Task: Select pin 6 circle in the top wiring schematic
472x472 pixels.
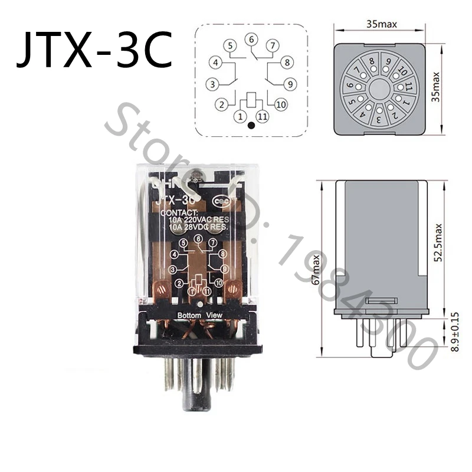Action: pyautogui.click(x=252, y=40)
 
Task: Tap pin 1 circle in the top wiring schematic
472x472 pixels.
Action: pyautogui.click(x=241, y=116)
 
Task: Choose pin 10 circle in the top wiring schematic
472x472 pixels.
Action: pyautogui.click(x=280, y=104)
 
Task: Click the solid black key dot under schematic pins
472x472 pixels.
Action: pyautogui.click(x=251, y=125)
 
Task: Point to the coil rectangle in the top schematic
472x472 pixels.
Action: pyautogui.click(x=251, y=99)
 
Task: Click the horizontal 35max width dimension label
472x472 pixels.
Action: pyautogui.click(x=381, y=24)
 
